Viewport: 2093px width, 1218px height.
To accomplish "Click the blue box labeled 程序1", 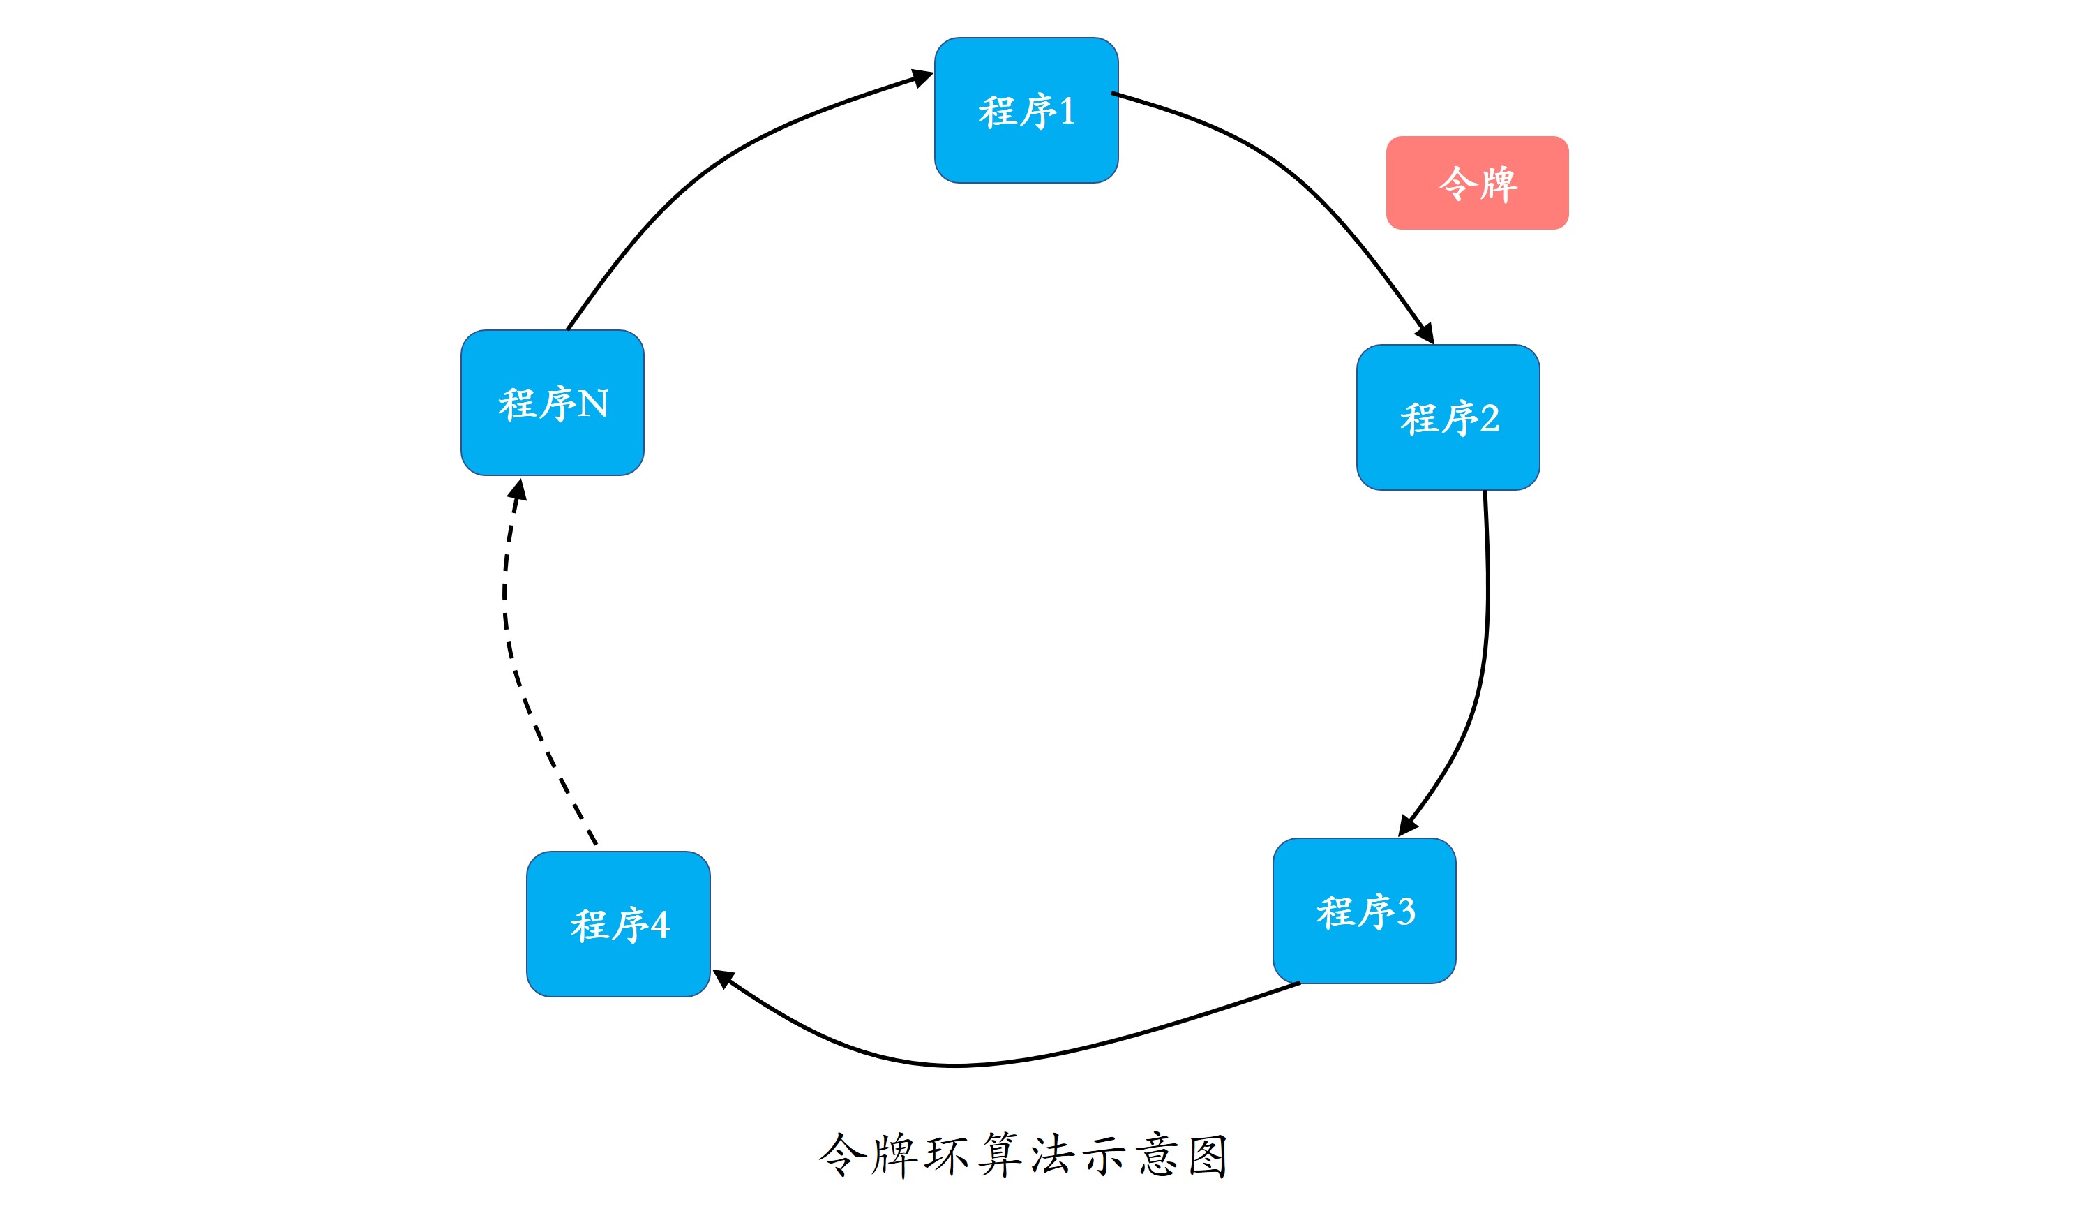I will pos(1026,110).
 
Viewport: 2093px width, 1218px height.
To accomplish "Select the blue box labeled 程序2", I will pos(1448,417).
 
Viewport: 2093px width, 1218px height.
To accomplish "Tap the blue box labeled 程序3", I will pos(1364,911).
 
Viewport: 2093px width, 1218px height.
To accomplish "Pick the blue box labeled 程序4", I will pos(618,924).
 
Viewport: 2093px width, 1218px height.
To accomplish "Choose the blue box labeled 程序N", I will pos(553,403).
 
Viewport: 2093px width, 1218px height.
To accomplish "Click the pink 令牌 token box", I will pos(1477,183).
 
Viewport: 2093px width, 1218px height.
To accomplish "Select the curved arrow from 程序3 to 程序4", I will pos(955,1064).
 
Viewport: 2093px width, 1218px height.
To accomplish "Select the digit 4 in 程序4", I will pos(660,925).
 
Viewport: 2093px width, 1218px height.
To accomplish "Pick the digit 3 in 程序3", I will pos(1406,912).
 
